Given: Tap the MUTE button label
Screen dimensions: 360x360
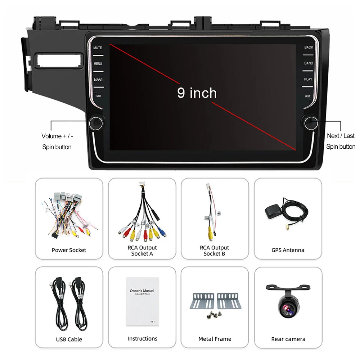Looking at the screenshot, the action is [98, 48].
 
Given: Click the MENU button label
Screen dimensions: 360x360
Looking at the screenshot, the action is [98, 64].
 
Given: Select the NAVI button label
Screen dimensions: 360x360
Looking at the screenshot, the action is [98, 80].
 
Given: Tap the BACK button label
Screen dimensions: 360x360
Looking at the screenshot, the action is [309, 48].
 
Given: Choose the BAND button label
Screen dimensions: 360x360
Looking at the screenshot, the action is [309, 63].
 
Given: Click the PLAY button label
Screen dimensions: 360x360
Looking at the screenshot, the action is [308, 79].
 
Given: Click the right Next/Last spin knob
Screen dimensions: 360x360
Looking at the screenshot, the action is [310, 122].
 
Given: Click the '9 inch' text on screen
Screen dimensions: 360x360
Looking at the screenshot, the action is [197, 93].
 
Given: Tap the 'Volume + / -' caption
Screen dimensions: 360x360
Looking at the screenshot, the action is [57, 136].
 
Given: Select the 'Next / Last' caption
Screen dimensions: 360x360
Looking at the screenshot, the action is [341, 136].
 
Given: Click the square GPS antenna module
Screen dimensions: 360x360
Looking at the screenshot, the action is [274, 211].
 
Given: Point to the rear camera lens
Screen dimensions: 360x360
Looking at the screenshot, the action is [288, 308].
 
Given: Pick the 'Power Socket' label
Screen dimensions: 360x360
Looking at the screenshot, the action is [69, 250].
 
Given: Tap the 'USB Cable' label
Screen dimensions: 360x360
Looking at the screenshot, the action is [69, 339].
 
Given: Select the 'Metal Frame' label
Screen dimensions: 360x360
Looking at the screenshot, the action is [215, 339].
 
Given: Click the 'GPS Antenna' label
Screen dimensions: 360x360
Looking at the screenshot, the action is [288, 250].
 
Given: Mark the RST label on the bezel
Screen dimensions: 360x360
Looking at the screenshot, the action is [308, 96].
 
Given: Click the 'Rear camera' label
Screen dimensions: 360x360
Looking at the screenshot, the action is [288, 339].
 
